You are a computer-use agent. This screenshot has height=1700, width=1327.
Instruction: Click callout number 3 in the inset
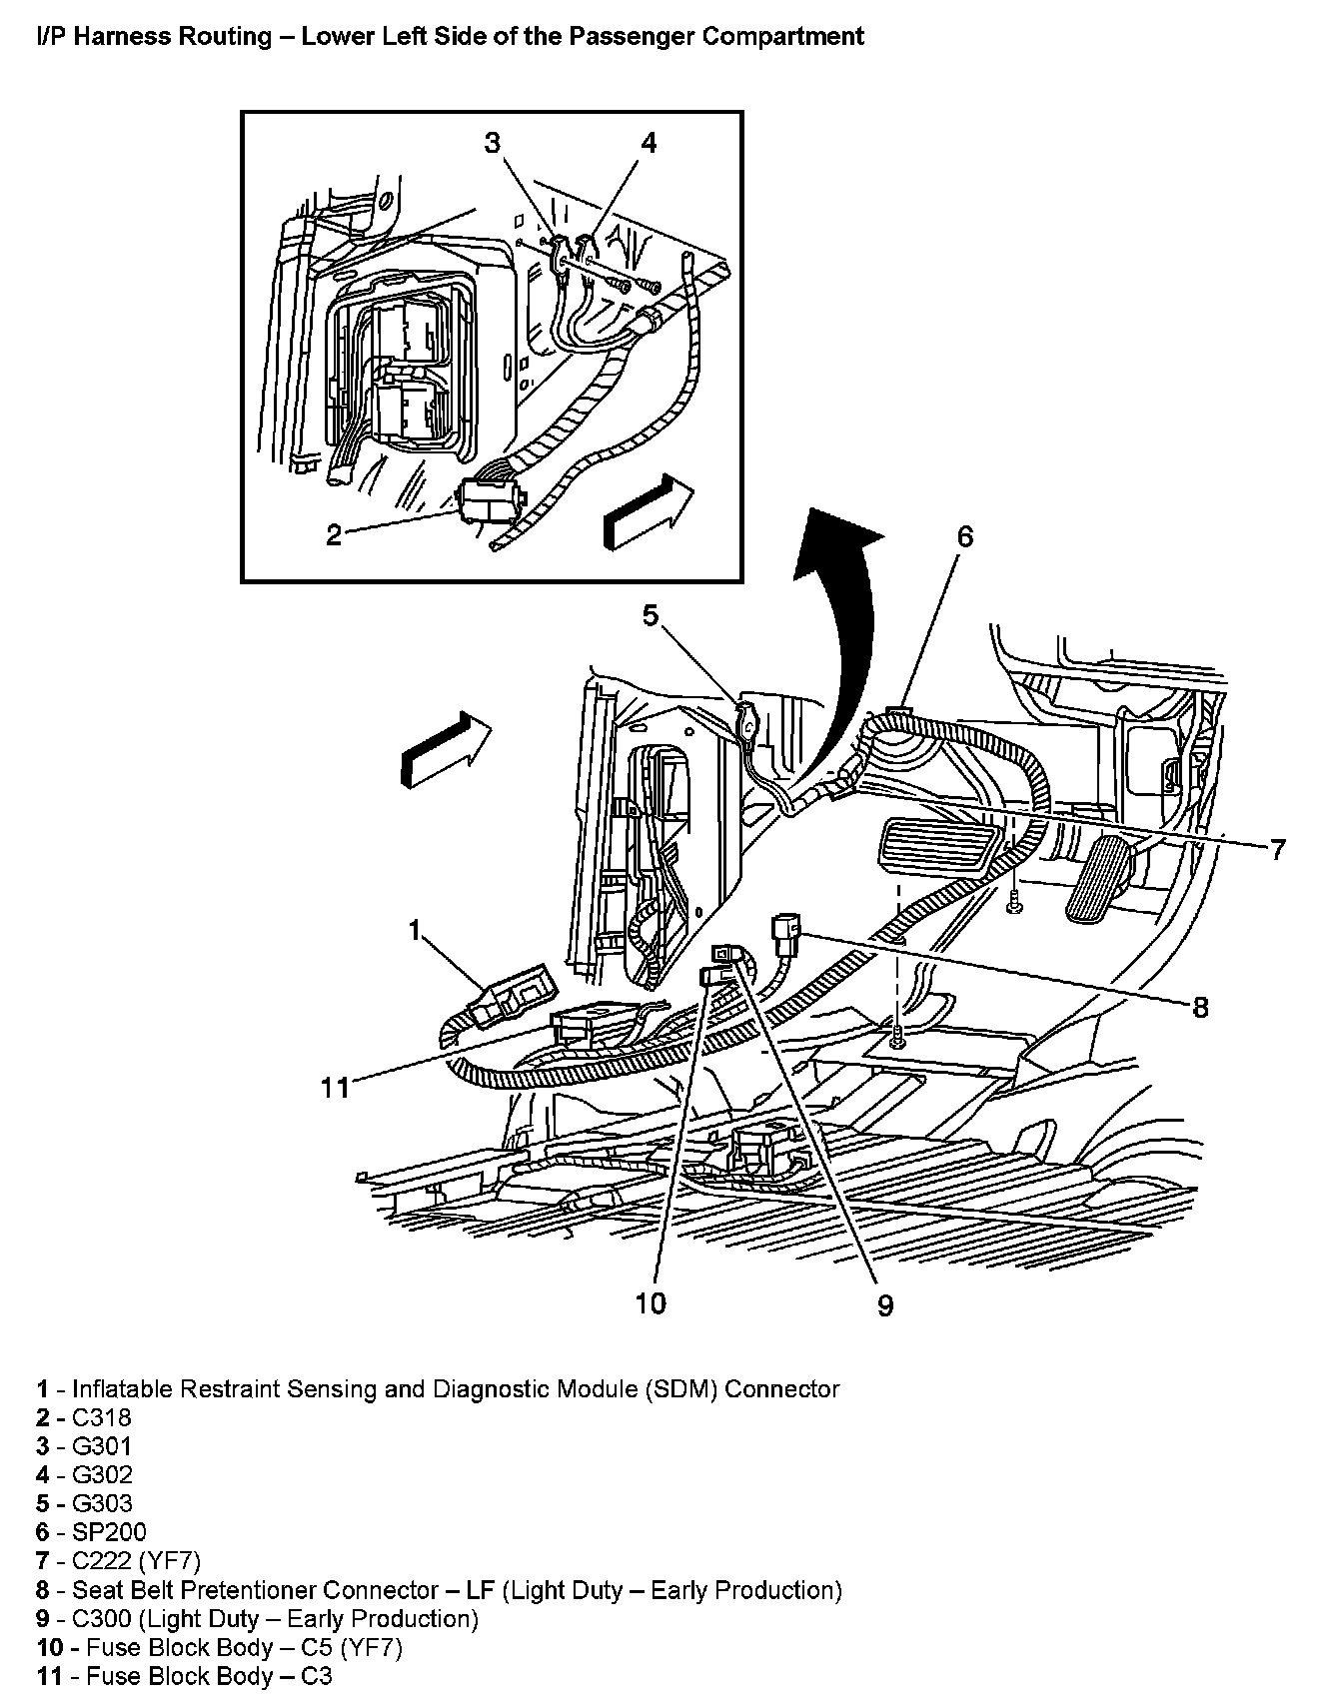[492, 143]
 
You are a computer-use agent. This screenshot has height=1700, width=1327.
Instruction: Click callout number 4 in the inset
[649, 143]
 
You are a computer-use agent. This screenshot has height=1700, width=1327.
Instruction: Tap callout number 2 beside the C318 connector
[334, 535]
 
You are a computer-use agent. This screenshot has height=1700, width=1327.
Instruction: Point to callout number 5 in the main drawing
[651, 615]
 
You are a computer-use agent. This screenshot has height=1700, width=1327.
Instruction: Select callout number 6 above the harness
[964, 536]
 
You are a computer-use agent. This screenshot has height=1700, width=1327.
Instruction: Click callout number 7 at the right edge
[1277, 850]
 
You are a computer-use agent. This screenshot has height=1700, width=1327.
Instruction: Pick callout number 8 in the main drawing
[1200, 1007]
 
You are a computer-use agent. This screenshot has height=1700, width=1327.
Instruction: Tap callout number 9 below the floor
[885, 1304]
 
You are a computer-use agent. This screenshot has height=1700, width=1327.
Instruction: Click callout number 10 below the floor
[651, 1302]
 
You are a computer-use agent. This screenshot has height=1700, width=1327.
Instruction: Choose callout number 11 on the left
[335, 1087]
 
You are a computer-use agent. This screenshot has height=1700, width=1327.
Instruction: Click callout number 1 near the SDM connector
[415, 930]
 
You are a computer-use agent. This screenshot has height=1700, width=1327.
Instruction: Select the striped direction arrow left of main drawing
[446, 748]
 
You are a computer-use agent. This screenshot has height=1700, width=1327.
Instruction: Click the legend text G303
[103, 1503]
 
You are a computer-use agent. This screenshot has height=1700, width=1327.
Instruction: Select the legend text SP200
[110, 1532]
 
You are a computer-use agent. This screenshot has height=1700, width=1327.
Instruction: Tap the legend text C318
[103, 1417]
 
